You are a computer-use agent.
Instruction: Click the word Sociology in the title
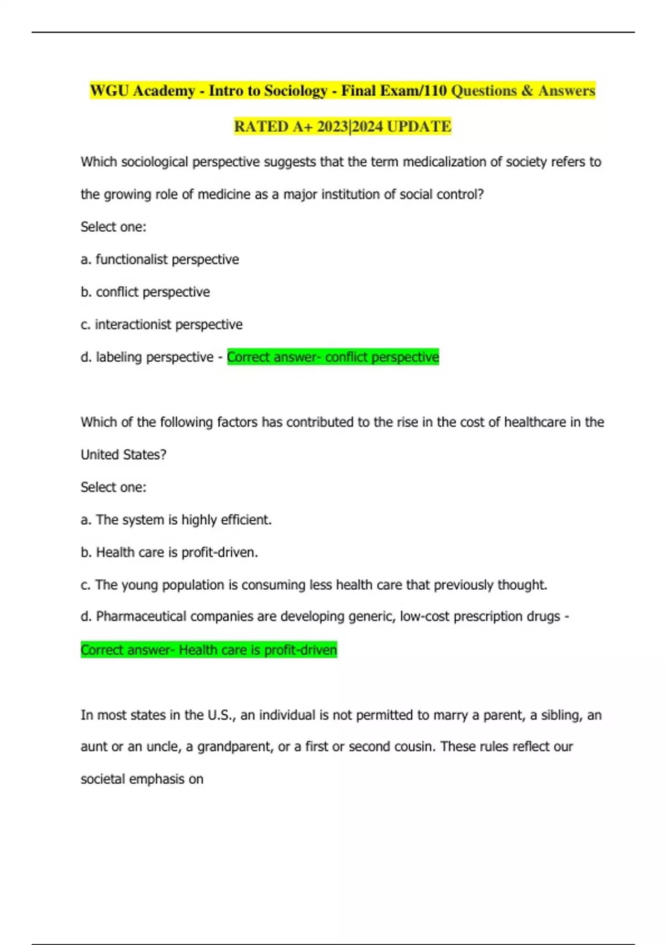(295, 91)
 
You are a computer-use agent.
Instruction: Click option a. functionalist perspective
(160, 260)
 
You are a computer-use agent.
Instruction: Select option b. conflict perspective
(145, 292)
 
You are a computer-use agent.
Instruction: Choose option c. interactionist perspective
(161, 325)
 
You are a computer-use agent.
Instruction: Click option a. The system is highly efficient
(176, 520)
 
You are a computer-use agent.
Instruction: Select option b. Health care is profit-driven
(169, 553)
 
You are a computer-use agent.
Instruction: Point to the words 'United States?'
(123, 455)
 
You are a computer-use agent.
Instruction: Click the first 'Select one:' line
(113, 227)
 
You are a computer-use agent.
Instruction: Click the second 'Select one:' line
(113, 488)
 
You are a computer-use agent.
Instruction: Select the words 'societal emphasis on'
(142, 779)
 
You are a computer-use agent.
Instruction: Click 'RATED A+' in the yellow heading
(273, 127)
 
